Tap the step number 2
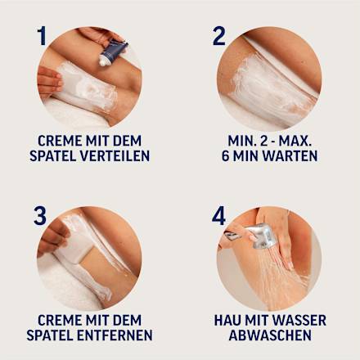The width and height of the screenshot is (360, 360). [219, 35]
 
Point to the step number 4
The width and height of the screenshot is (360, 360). [219, 216]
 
